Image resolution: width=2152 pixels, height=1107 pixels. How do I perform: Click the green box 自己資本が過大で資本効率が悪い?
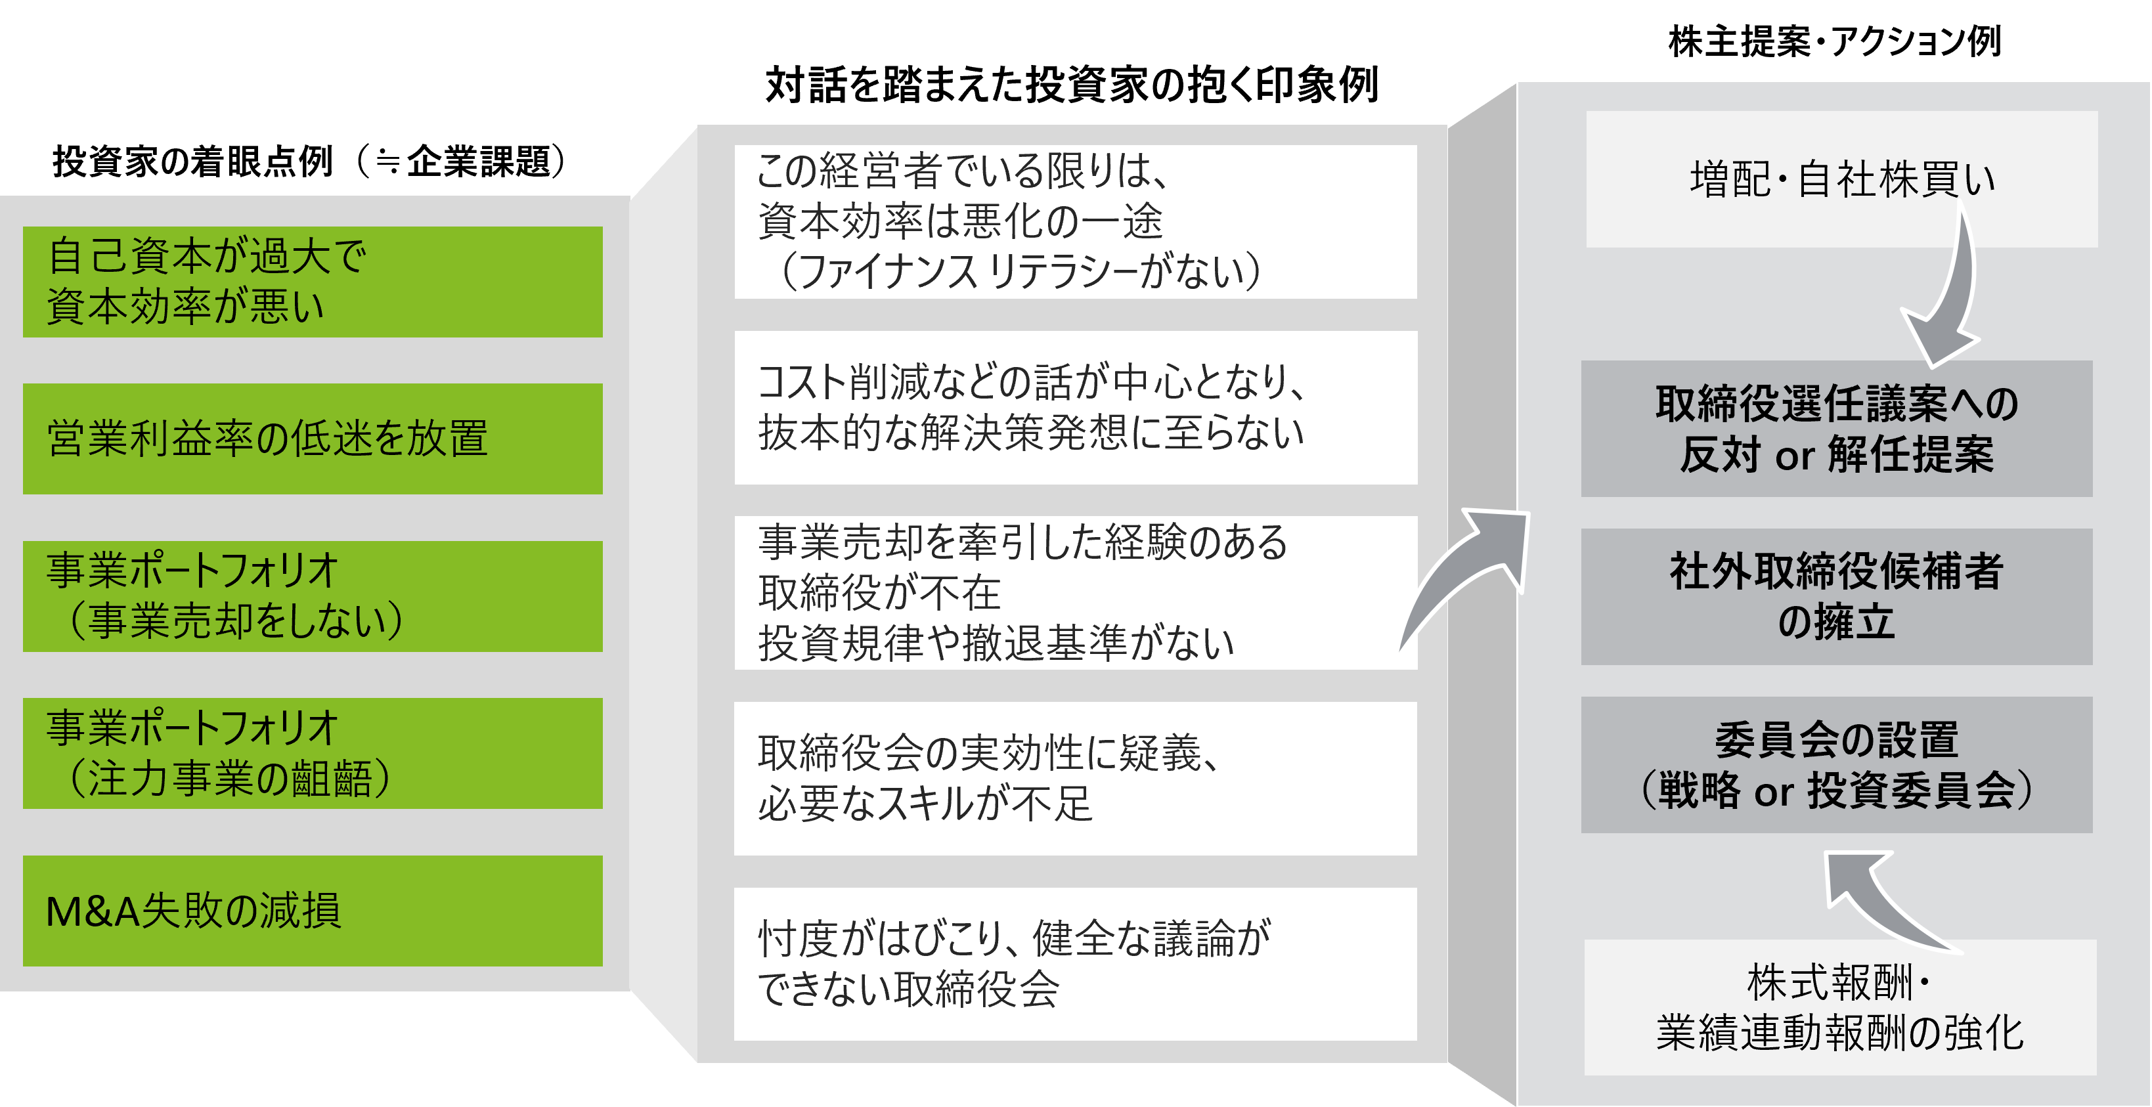point(313,282)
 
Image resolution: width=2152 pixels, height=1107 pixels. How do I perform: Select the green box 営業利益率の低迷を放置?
point(313,439)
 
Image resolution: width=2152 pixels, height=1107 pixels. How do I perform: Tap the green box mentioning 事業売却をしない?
point(313,596)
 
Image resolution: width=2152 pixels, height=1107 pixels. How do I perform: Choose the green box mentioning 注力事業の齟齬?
point(313,752)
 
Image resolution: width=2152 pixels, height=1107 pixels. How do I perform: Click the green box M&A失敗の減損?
point(313,911)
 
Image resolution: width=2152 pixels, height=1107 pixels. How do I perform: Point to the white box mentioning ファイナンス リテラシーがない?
point(1075,222)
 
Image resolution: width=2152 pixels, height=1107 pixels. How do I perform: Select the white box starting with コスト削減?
point(1075,408)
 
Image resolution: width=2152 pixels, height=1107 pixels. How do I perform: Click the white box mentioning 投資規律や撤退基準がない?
point(1075,593)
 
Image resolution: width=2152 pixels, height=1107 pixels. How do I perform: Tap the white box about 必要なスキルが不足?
point(1075,779)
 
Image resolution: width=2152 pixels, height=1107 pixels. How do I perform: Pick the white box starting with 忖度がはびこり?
point(1075,964)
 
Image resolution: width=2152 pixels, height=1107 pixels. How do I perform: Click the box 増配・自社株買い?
point(1841,179)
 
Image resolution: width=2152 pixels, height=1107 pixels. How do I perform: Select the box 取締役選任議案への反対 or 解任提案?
point(1836,429)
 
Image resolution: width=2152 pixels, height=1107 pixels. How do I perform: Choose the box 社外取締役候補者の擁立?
point(1836,597)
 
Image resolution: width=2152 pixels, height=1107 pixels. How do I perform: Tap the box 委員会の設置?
point(1836,764)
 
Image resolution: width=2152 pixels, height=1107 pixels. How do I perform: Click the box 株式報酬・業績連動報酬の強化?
point(1840,1007)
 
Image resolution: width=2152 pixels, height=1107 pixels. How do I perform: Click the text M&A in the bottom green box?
point(92,911)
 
